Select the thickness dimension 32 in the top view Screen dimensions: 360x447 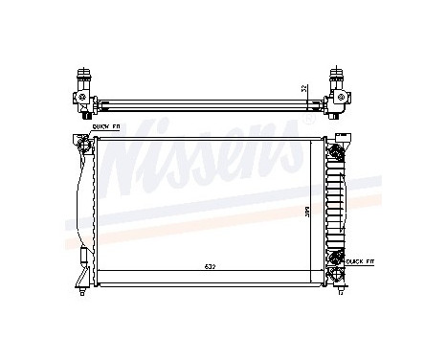click(303, 89)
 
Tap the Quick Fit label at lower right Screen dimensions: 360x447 click(362, 259)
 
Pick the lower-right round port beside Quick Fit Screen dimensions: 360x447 click(335, 258)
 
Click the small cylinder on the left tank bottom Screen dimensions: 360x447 click(83, 257)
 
